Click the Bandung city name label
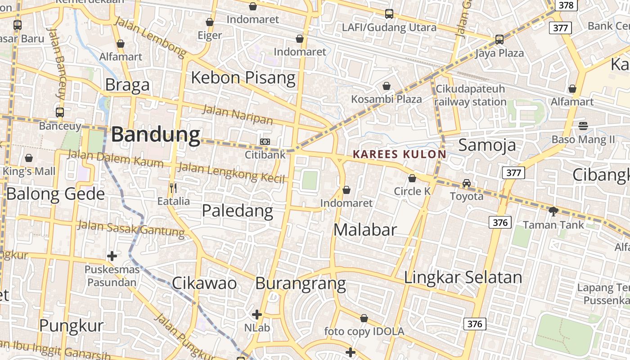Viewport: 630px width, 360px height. pos(156,135)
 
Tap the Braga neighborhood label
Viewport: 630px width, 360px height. pos(127,85)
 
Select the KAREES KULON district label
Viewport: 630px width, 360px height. pos(400,154)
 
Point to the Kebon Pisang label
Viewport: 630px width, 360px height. pos(243,77)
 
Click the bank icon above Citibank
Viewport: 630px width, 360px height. pos(265,142)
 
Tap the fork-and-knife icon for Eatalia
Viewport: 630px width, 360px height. pos(173,188)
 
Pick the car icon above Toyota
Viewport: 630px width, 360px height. pos(467,183)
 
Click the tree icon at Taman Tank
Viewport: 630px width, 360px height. pos(553,211)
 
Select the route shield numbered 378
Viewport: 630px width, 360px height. pos(566,5)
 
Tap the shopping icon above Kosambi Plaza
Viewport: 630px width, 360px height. pos(387,86)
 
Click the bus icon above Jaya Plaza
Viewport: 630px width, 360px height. pos(499,40)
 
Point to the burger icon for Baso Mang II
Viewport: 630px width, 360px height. pos(583,126)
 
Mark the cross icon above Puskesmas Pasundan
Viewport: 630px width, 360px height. pos(112,256)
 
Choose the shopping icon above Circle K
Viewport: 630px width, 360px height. pos(412,179)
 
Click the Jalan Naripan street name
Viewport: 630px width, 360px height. pos(238,114)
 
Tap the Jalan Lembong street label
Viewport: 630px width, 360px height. pos(150,37)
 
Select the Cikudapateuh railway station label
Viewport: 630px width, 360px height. pos(470,95)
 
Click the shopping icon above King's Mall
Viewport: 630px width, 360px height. pos(29,158)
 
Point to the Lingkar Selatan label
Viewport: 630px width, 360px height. pos(463,277)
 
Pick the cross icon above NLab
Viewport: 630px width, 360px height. pos(257,314)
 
